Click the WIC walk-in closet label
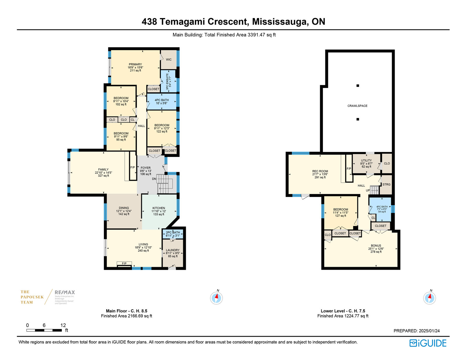coord(169,60)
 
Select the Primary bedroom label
coord(135,64)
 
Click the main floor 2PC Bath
coord(173,234)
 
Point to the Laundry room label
coord(173,250)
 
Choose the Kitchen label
coord(159,208)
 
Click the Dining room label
coord(124,208)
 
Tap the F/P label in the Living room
coord(124,264)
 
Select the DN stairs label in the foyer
coord(154,179)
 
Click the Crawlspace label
coord(357,106)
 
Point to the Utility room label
coord(366,160)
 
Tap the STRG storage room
coord(386,185)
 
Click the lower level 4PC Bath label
coord(382,207)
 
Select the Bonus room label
coord(376,246)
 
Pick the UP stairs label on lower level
coord(368,190)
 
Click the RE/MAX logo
coord(65,292)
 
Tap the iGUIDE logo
coord(428,343)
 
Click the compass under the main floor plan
coord(216,298)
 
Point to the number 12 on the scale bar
coord(63,325)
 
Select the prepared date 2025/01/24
coord(429,331)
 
